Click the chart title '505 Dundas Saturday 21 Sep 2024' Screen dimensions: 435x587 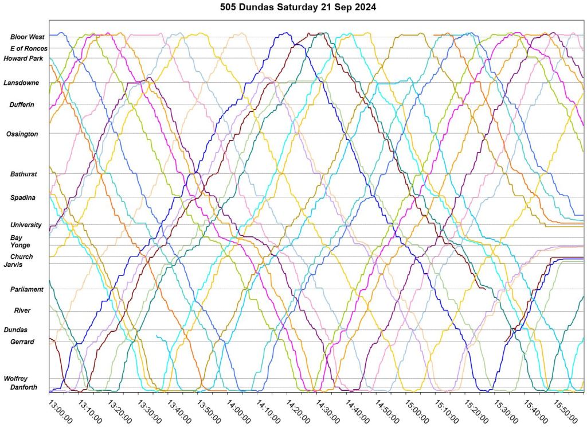click(x=293, y=9)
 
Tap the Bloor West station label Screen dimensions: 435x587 click(x=28, y=37)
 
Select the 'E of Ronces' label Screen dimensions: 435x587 click(x=29, y=49)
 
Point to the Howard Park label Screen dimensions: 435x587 click(x=24, y=59)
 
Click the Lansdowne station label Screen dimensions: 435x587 click(x=21, y=83)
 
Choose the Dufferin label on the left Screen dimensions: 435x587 click(x=22, y=105)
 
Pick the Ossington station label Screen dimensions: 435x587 click(x=22, y=134)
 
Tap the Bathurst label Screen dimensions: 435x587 click(x=24, y=174)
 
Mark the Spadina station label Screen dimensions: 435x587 click(x=23, y=198)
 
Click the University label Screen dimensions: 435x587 click(x=26, y=225)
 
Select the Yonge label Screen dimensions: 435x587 click(x=20, y=246)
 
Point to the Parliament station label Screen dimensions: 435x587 click(x=27, y=290)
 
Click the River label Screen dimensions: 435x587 click(x=22, y=311)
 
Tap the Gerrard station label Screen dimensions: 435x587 click(x=22, y=342)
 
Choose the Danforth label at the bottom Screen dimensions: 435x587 click(x=24, y=387)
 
